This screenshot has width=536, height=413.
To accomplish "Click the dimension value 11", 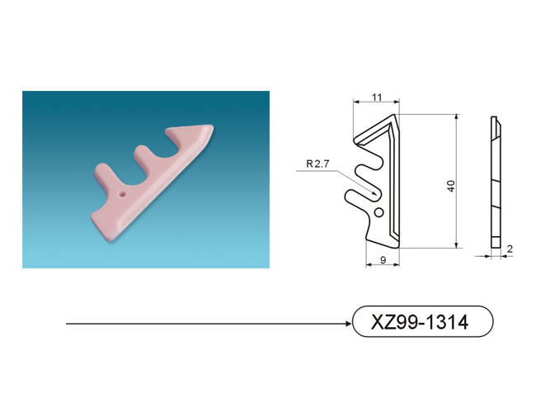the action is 376,97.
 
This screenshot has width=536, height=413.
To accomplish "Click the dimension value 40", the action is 451,186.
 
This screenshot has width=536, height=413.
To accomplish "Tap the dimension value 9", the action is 383,260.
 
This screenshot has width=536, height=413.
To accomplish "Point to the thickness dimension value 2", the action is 510,249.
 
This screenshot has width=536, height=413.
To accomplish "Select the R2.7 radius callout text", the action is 317,164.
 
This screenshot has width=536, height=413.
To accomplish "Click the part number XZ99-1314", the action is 420,322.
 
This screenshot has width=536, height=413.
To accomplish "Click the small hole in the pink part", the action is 122,194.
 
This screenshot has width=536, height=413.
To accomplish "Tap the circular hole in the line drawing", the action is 378,212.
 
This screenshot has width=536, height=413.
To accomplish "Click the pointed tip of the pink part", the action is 212,126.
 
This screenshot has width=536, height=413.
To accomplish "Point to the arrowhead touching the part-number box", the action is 349,324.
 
